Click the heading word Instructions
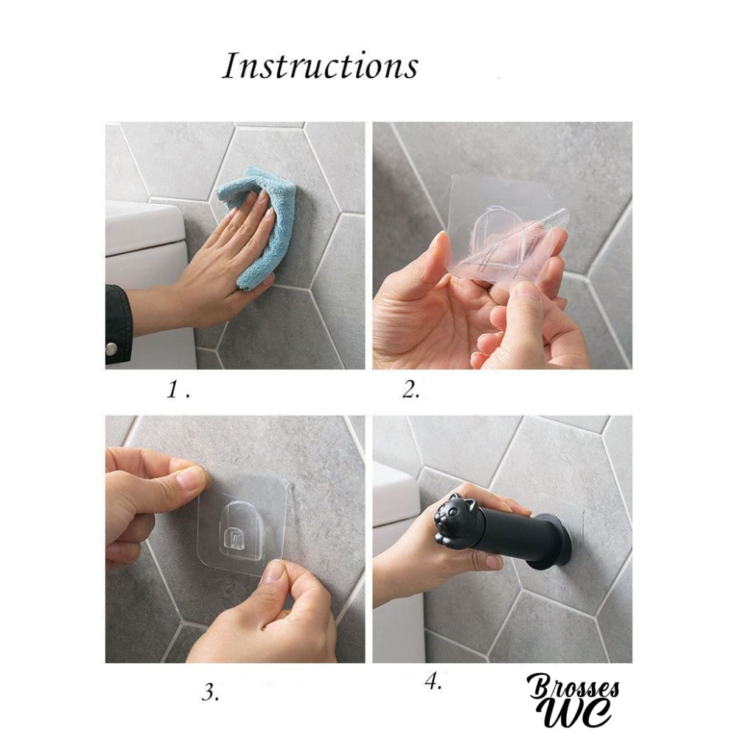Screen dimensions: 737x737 tap(320, 66)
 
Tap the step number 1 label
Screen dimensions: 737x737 tap(178, 389)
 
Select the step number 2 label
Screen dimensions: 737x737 tap(411, 389)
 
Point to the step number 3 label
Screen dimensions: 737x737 tap(211, 692)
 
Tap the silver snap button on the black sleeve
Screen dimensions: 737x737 tap(111, 349)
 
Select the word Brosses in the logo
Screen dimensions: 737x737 tap(573, 688)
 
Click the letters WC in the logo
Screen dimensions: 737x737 tap(578, 712)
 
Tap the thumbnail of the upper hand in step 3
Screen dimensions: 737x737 tap(192, 478)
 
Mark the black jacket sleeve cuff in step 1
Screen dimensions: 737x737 tap(117, 324)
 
